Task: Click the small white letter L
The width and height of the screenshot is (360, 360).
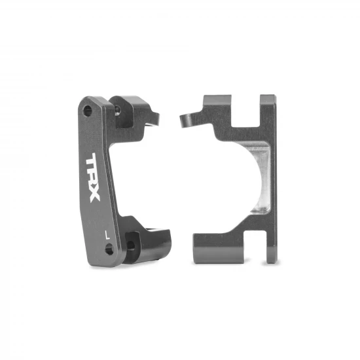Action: [107, 231]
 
